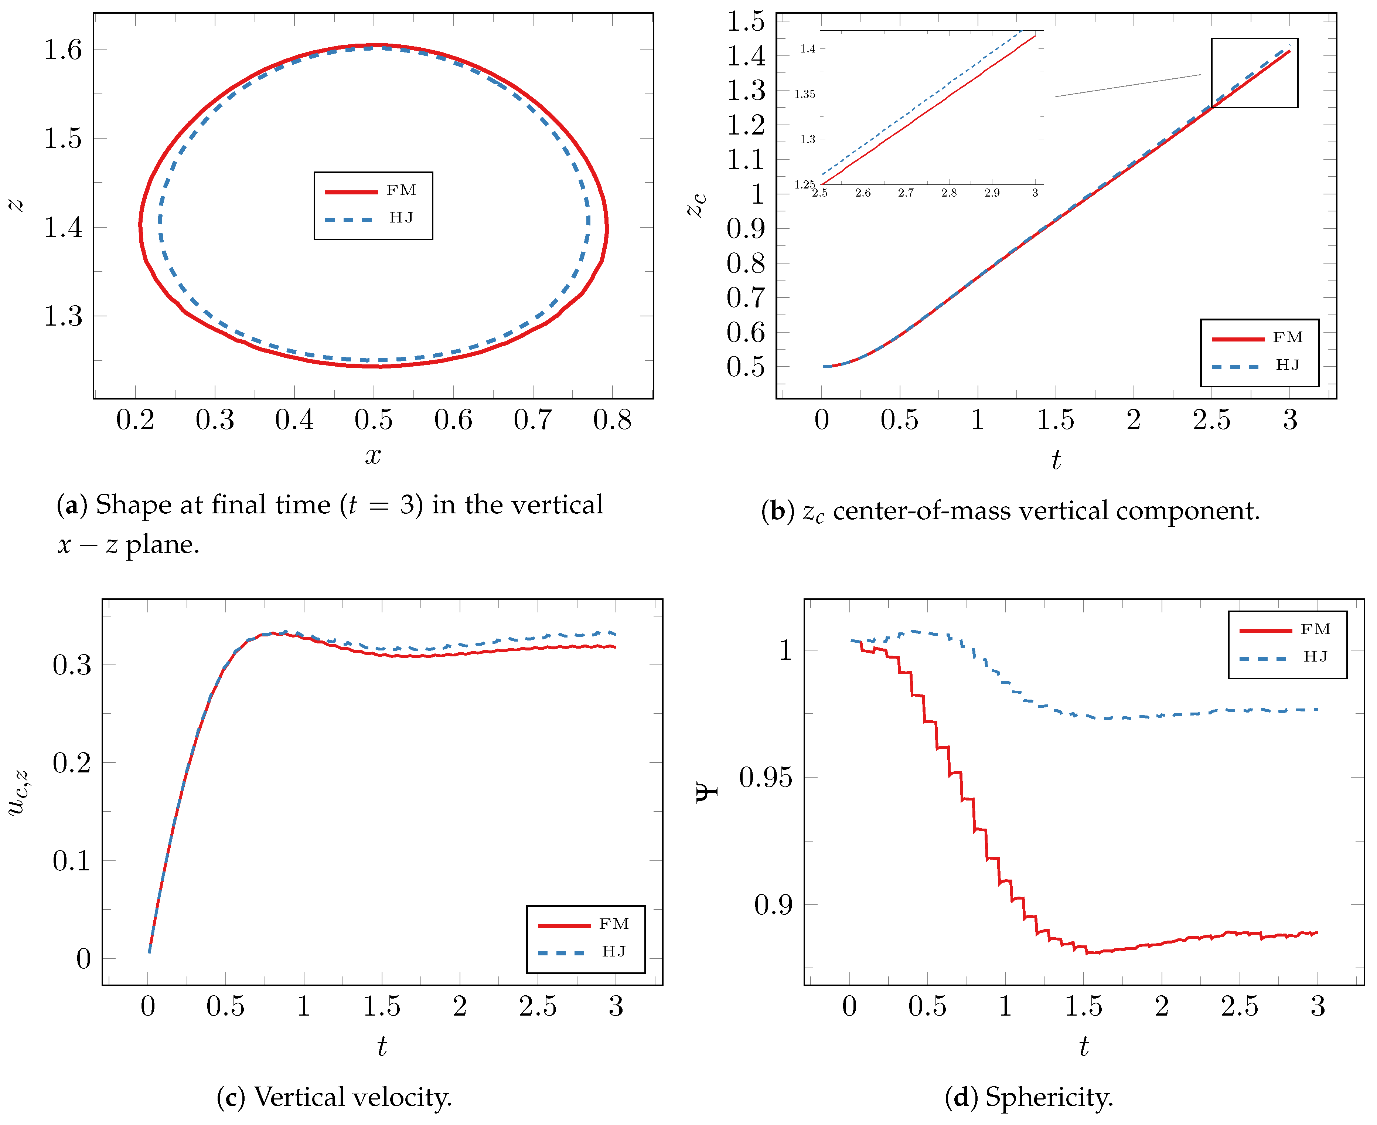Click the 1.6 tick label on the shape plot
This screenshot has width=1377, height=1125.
click(x=63, y=50)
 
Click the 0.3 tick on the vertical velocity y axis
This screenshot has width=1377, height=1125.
click(x=72, y=665)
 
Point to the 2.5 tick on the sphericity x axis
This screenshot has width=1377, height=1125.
click(x=1239, y=1006)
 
